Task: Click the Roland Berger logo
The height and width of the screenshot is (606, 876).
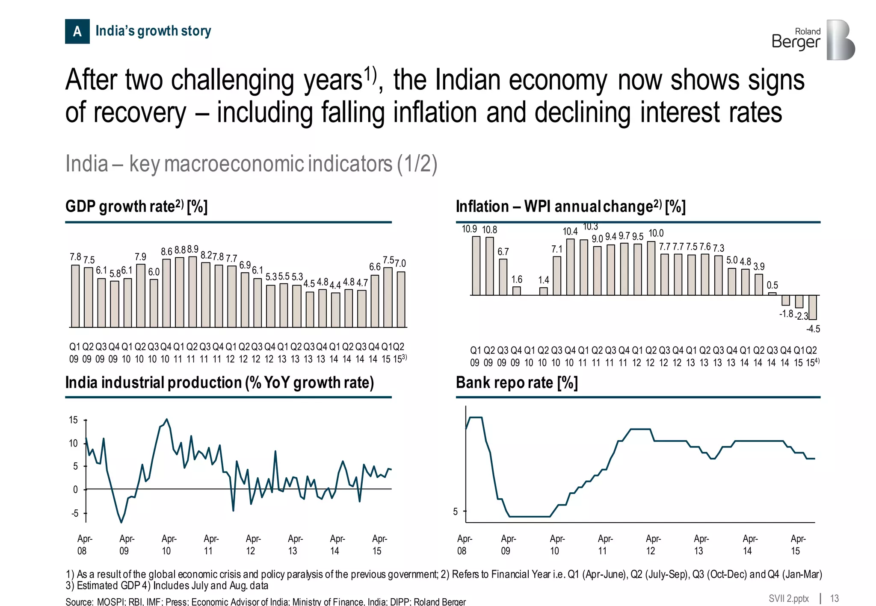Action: tap(813, 40)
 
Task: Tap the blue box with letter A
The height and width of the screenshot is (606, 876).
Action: tap(77, 31)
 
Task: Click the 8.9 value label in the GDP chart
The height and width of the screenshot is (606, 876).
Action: tap(192, 249)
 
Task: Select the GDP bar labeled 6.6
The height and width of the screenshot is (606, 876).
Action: tap(375, 301)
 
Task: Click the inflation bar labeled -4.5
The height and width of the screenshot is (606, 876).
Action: tap(812, 307)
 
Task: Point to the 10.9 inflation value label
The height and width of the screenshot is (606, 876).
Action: tap(469, 229)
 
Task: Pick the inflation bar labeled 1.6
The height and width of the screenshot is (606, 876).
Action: tap(517, 291)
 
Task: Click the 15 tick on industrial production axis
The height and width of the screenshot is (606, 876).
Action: tap(74, 420)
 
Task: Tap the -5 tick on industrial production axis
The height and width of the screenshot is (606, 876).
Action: tap(75, 513)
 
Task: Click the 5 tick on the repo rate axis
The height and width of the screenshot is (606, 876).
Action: tap(456, 512)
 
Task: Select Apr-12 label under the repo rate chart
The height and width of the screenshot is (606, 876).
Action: tap(653, 544)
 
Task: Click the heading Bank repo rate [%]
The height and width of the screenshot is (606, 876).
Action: tap(517, 382)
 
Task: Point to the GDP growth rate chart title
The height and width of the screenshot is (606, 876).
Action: tap(136, 206)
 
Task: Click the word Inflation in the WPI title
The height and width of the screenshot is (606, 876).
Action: tap(482, 206)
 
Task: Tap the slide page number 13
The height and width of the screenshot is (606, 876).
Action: tap(834, 598)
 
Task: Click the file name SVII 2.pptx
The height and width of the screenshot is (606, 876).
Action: tap(788, 598)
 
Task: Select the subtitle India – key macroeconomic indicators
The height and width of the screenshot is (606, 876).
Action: tap(251, 164)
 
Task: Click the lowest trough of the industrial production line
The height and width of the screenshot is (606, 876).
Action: tap(121, 522)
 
